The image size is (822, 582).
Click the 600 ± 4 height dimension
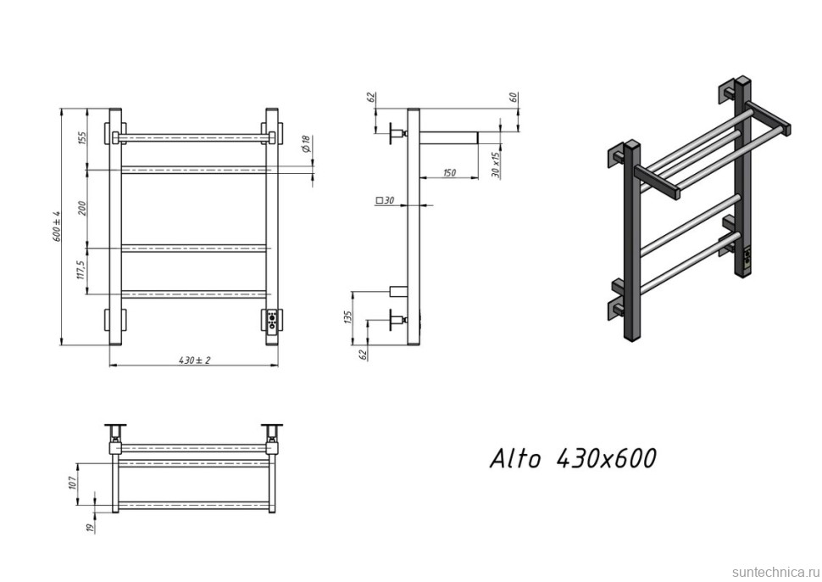[57, 227]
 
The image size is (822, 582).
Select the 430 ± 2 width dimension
[194, 360]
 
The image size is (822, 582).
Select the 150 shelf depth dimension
[449, 173]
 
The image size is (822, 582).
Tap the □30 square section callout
[386, 200]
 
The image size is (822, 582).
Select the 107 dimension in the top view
[75, 483]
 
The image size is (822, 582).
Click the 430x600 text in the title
[605, 459]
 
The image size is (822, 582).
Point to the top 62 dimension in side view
[371, 97]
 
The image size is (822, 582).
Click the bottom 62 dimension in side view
[364, 354]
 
